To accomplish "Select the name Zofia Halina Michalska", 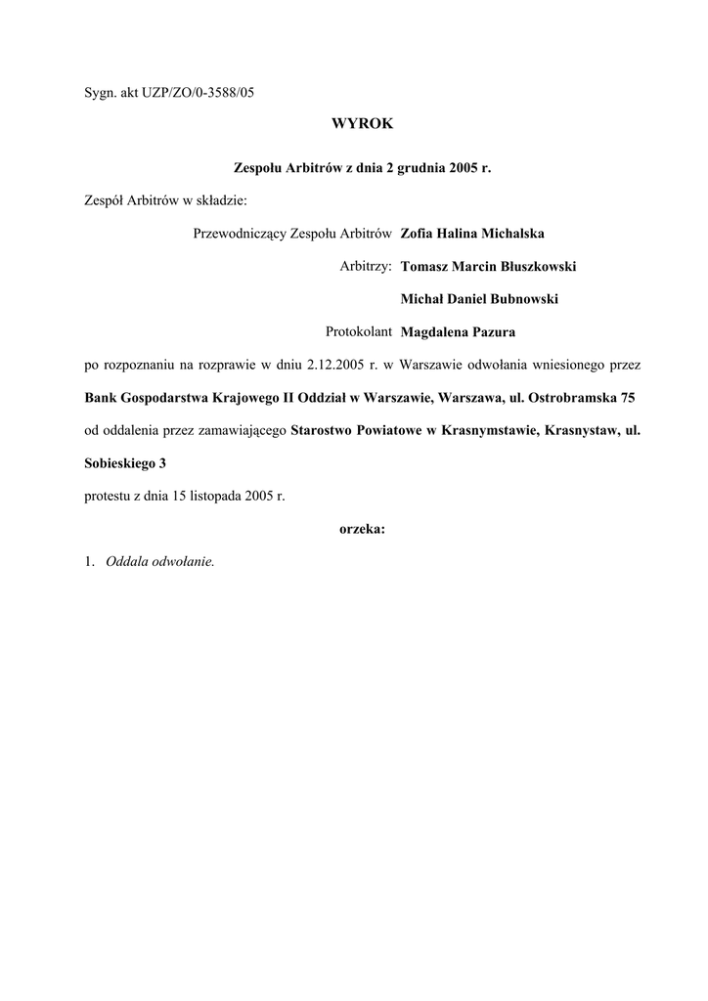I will [x=472, y=234].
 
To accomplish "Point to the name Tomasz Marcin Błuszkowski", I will [x=489, y=266].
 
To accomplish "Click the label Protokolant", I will [x=359, y=330].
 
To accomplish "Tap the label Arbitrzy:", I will [x=366, y=266].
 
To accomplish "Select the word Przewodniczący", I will [x=235, y=234].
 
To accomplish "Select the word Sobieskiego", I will [x=120, y=462].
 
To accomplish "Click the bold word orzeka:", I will [x=362, y=529].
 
